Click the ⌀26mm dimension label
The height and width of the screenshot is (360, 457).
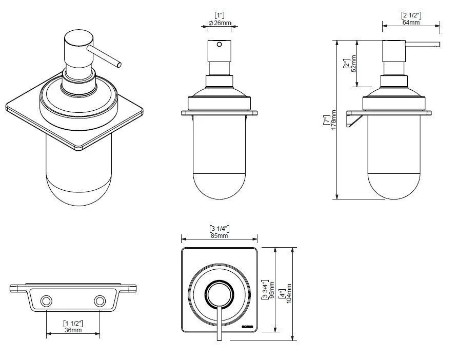click(x=219, y=23)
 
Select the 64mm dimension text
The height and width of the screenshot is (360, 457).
click(x=411, y=23)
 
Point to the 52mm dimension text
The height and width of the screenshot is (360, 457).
click(x=353, y=64)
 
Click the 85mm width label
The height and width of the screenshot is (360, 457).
click(x=219, y=235)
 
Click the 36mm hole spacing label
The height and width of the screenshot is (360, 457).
click(x=73, y=330)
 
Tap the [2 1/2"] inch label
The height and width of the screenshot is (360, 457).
click(x=411, y=15)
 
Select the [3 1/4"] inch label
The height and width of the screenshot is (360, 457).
click(x=219, y=228)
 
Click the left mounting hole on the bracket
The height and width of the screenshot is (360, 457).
click(x=47, y=300)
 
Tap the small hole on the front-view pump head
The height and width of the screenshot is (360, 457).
click(x=220, y=45)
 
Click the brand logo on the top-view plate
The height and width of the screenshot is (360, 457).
click(x=247, y=324)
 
